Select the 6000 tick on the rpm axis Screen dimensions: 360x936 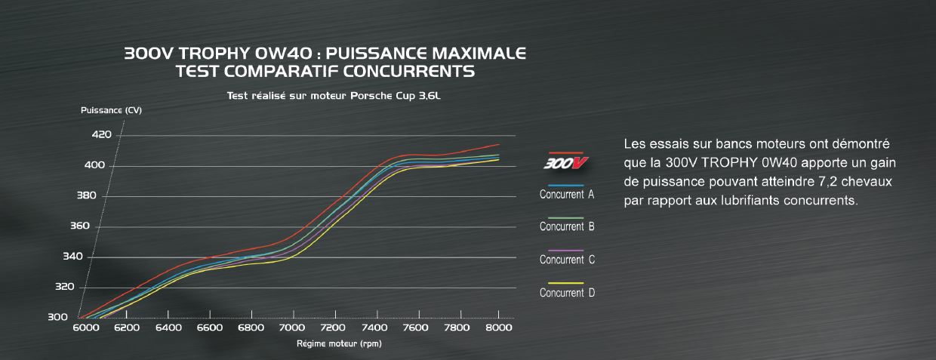[85, 328]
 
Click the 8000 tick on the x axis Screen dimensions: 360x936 [497, 328]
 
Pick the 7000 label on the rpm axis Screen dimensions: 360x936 [291, 328]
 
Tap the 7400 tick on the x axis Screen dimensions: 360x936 [374, 328]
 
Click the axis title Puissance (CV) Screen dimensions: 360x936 [111, 110]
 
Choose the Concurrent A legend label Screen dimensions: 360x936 [567, 195]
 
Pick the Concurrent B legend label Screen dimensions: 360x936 [567, 226]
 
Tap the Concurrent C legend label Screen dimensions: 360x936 [567, 260]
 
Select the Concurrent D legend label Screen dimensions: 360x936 [567, 293]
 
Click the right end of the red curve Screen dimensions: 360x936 [499, 144]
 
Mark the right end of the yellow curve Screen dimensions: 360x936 [499, 159]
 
